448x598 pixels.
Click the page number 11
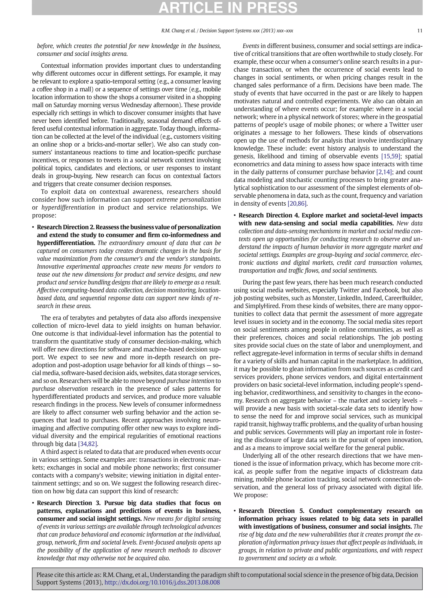pyautogui.click(x=419, y=31)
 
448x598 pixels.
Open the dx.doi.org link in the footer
pyautogui.click(x=162, y=582)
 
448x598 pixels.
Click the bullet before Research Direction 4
pyautogui.click(x=235, y=215)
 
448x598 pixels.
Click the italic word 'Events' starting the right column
pyautogui.click(x=251, y=46)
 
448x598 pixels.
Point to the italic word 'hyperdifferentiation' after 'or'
pyautogui.click(x=68, y=207)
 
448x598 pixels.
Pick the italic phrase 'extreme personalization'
pyautogui.click(x=189, y=199)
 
